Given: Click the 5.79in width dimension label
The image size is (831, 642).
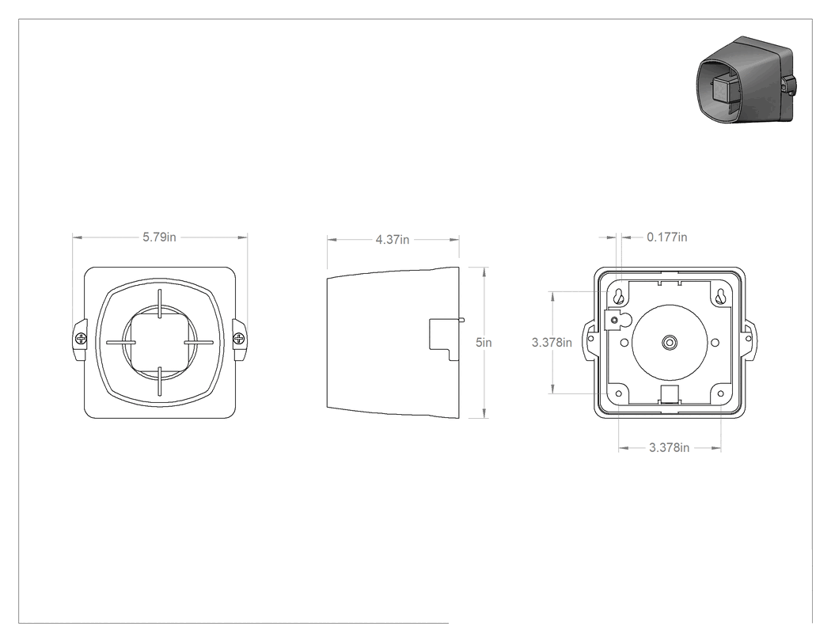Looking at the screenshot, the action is click(159, 237).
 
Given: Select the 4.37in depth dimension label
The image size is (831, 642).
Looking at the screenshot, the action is click(393, 240).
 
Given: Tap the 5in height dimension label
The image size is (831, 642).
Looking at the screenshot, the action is click(484, 343).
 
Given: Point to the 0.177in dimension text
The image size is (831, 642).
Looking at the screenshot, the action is click(666, 237).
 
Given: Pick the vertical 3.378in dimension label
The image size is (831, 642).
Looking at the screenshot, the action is click(552, 343).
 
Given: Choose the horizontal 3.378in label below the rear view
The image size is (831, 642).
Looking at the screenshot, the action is click(670, 447).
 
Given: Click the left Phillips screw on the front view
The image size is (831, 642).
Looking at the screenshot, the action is click(81, 338).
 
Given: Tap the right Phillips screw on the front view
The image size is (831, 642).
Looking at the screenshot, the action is click(239, 338).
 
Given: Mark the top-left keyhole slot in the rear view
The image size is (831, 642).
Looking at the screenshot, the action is click(618, 297).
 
